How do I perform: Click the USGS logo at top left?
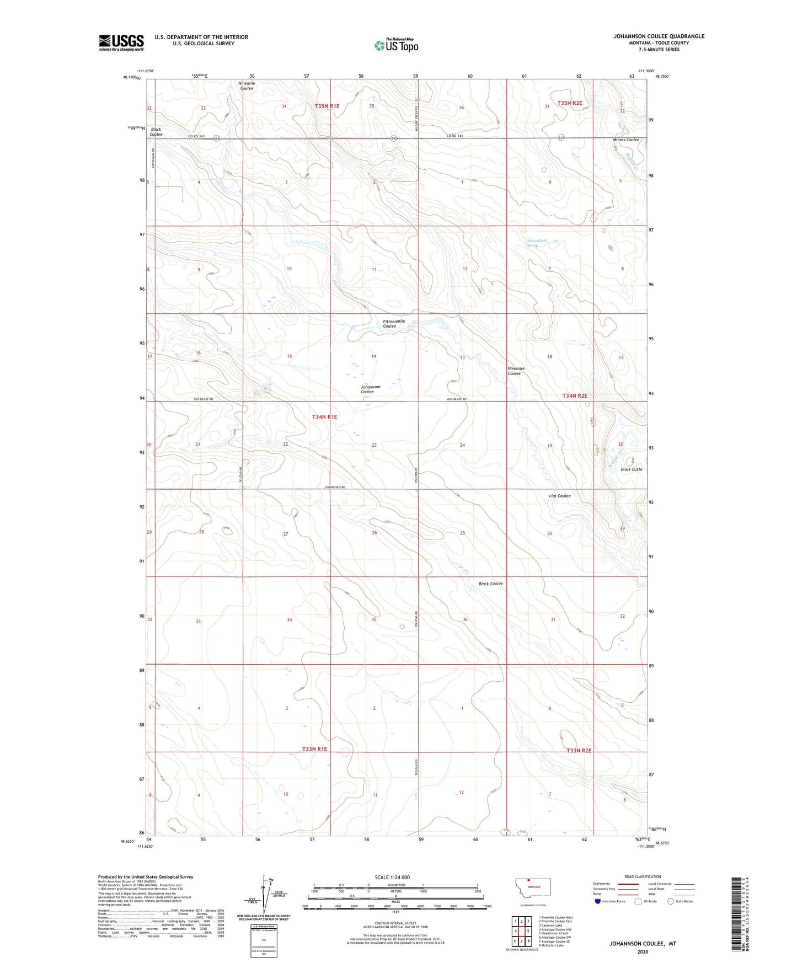tap(121, 42)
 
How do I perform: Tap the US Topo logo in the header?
tap(396, 45)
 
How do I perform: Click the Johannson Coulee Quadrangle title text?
tap(659, 36)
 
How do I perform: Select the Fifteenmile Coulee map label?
tap(394, 324)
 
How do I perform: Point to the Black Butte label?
tap(631, 469)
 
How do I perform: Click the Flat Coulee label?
tap(559, 496)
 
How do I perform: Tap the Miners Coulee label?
tap(625, 140)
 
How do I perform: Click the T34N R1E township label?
tap(324, 417)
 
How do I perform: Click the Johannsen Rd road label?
tap(335, 488)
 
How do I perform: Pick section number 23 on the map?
tap(374, 445)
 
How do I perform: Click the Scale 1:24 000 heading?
tap(392, 877)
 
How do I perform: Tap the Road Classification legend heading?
tap(642, 876)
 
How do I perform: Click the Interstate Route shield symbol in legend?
tap(598, 901)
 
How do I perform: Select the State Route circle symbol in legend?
tap(670, 901)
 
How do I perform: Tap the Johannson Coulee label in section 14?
tap(370, 389)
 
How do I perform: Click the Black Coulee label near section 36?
tap(490, 584)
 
